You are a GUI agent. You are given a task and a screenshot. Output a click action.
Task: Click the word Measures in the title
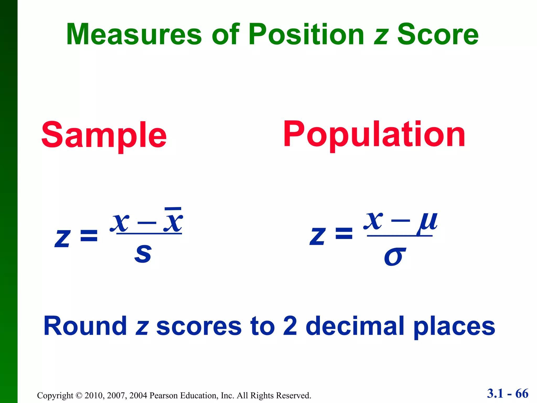tap(134, 34)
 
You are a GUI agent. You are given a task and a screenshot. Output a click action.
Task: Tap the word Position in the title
tap(307, 34)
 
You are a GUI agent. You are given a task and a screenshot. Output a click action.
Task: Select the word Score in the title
tap(438, 34)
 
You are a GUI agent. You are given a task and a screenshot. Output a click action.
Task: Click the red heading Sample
tap(104, 135)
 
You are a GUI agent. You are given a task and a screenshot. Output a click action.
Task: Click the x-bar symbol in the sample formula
tap(173, 220)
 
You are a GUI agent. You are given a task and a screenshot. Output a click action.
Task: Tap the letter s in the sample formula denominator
tap(143, 253)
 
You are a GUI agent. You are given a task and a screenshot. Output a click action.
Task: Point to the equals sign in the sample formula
tap(89, 236)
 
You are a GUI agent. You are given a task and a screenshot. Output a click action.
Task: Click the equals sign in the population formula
tap(344, 234)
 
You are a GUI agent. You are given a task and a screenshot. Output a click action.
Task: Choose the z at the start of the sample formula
tap(62, 238)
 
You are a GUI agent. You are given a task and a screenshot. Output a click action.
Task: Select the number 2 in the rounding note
tap(290, 326)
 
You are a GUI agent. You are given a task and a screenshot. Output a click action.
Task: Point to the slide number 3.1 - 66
tap(508, 394)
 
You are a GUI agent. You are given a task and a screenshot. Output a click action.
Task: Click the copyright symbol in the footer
tap(79, 396)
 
